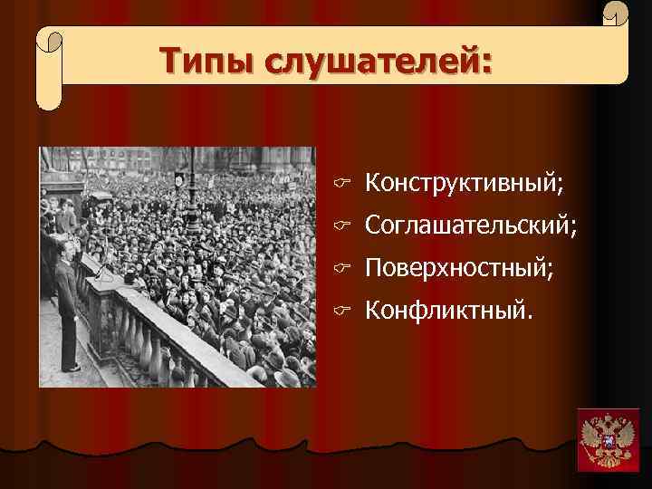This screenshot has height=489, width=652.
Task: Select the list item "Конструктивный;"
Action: (x=464, y=185)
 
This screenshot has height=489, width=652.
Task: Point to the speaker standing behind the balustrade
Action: (x=67, y=308)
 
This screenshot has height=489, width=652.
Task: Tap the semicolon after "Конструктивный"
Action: (x=560, y=187)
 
